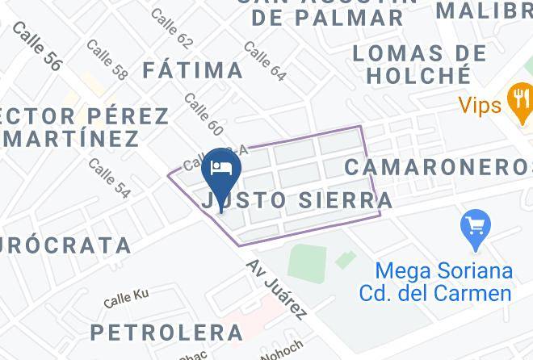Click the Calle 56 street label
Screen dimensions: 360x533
(37, 47)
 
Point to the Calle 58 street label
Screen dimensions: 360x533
(107, 60)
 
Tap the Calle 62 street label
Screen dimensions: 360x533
(172, 29)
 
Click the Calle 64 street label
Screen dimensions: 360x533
(265, 61)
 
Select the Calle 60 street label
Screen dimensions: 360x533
(204, 113)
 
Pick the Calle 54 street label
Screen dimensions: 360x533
(109, 178)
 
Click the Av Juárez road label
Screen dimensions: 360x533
(277, 288)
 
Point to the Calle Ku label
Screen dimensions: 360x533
(127, 299)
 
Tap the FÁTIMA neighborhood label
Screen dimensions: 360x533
(193, 70)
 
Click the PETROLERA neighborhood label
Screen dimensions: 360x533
(166, 332)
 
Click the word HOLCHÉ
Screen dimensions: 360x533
(418, 76)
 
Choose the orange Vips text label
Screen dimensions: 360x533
(480, 105)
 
